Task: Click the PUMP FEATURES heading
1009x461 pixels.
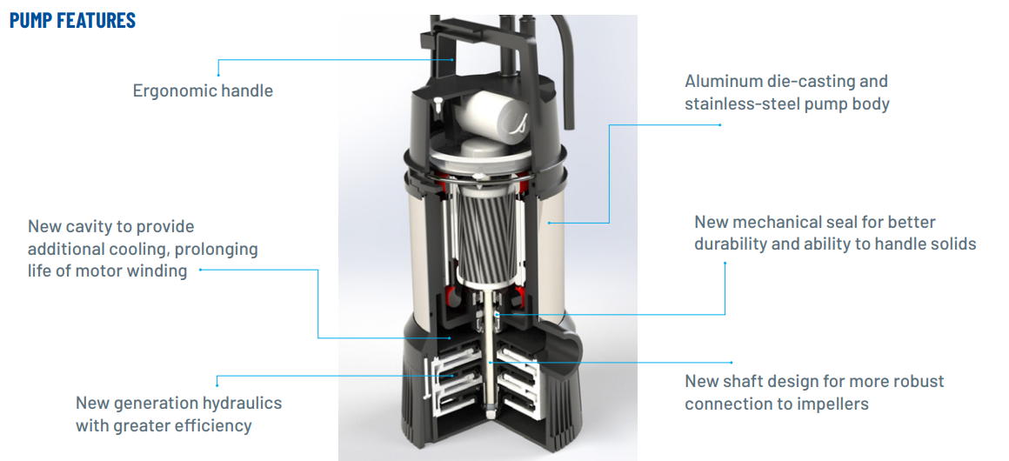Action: pyautogui.click(x=72, y=20)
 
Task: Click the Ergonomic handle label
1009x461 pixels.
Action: pyautogui.click(x=203, y=90)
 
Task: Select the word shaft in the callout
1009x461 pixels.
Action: pyautogui.click(x=742, y=381)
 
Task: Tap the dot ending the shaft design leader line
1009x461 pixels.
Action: pyautogui.click(x=492, y=361)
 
